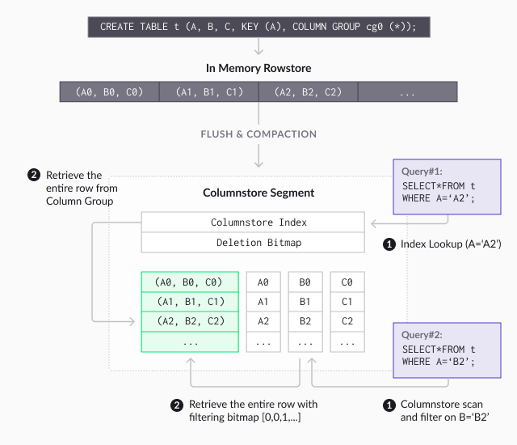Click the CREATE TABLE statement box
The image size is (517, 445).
point(258,27)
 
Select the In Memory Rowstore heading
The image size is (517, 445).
point(258,68)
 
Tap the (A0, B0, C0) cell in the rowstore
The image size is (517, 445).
point(109,92)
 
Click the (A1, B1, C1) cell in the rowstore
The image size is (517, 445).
point(208,92)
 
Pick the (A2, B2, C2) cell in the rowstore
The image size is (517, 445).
point(308,92)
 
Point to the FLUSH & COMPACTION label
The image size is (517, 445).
point(258,134)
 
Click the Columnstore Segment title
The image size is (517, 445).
point(258,193)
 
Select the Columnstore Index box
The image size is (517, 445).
point(253,222)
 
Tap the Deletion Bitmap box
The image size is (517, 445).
point(253,243)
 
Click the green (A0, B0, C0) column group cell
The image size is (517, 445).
point(190,282)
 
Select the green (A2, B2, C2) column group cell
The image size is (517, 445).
point(190,321)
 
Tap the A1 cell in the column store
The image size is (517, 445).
point(263,302)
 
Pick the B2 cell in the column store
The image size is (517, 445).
point(305,321)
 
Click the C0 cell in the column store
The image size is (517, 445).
point(347,282)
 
